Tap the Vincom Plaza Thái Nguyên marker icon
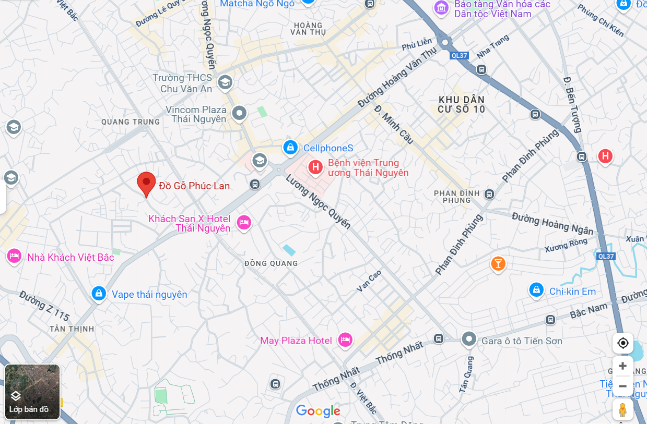[240, 113]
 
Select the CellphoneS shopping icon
[290, 148]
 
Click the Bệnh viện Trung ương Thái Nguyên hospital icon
[315, 167]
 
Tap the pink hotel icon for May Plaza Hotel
[345, 341]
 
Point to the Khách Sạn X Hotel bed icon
[243, 223]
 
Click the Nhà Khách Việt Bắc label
[70, 257]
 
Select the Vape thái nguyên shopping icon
[99, 294]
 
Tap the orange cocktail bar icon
[498, 263]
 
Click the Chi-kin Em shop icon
[536, 290]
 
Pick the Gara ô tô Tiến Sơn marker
[469, 340]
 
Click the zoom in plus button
[622, 366]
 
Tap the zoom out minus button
[622, 386]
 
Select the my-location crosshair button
[622, 343]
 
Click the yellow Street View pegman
[622, 410]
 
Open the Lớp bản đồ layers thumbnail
[32, 392]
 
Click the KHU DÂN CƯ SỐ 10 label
[462, 104]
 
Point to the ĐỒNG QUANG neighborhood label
[271, 263]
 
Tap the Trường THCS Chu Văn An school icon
[225, 82]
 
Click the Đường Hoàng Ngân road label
[552, 224]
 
